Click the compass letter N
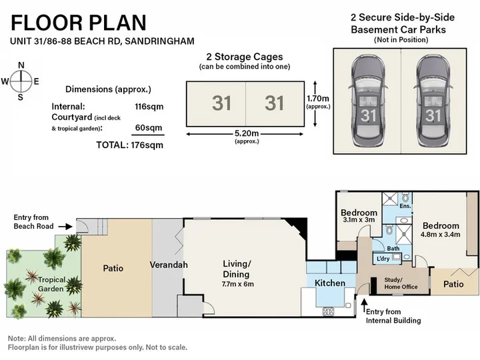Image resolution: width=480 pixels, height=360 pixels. pos(21,65)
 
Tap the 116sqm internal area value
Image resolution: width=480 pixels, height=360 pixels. pos(149,107)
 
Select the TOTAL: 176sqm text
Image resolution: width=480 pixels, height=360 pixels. pos(130,145)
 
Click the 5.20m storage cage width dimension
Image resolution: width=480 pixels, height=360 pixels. pos(247,133)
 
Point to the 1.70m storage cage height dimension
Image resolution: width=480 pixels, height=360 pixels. pos(318,98)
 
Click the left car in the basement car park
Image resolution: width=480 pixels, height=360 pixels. pos(367,101)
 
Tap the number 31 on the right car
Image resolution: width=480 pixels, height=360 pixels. pos(433,115)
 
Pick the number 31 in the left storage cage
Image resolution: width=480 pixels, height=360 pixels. pos(221,103)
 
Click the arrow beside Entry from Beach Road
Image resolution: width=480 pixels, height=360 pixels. pos(65,227)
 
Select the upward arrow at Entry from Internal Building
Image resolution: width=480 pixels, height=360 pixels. pos(364,306)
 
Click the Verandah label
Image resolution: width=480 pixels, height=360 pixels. pos(169,265)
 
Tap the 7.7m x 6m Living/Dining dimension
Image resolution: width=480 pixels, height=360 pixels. pos(238,284)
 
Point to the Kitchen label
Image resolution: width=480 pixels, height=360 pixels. pos(330,283)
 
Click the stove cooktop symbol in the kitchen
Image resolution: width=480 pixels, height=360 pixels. pos(328,311)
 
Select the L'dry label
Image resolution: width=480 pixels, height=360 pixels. pos(383,259)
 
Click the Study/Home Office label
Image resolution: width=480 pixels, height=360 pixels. pos(401,283)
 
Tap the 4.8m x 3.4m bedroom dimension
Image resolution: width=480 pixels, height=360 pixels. pos(440,235)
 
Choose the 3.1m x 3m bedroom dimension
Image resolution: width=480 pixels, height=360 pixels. pos(359,220)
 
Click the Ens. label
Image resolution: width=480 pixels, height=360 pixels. pos(405,206)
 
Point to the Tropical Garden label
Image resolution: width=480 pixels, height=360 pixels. pos(51,284)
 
